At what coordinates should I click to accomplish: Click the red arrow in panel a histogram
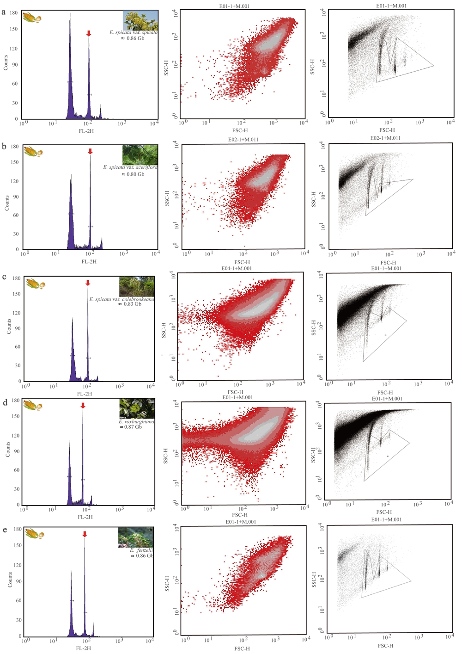click(89, 33)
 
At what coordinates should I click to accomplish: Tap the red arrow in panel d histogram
click(83, 406)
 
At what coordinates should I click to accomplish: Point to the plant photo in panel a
click(140, 21)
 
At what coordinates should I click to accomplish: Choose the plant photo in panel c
click(137, 287)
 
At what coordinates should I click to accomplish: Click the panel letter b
click(4, 146)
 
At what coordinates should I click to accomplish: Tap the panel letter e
click(5, 530)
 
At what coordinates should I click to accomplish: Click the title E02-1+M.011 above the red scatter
click(243, 139)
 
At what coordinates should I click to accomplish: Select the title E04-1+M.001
click(237, 268)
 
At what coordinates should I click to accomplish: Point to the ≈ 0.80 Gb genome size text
click(133, 174)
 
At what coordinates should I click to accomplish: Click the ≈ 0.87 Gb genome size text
click(131, 427)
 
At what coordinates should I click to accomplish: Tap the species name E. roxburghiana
click(137, 421)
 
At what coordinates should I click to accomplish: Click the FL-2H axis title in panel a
click(86, 131)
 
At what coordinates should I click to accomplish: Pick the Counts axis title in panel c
click(9, 326)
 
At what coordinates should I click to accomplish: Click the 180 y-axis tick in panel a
click(13, 13)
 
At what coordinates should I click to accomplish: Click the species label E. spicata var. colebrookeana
click(122, 299)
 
